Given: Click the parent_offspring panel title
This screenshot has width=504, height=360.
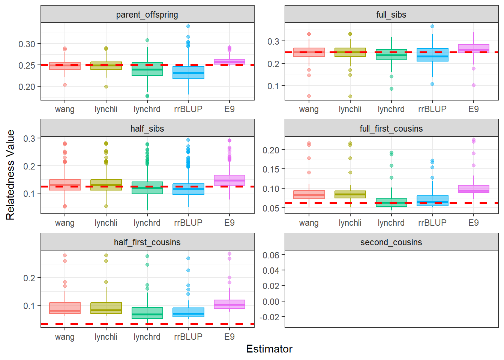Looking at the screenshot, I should (147, 15).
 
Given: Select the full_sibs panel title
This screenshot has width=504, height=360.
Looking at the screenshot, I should (391, 15).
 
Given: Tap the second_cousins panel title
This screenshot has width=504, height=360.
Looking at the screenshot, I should (391, 242).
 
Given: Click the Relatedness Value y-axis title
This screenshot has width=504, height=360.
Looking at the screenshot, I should (10, 175).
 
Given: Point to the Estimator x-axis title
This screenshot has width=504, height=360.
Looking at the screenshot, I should (269, 349).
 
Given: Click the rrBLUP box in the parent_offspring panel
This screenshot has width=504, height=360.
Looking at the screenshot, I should (188, 73).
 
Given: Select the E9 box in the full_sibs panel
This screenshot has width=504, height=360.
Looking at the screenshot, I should (473, 49).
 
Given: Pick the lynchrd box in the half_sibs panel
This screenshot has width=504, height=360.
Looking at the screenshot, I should (147, 188).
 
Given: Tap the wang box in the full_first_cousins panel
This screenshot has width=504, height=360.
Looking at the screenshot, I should (309, 195).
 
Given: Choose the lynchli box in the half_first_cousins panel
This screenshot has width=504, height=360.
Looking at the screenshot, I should (106, 308).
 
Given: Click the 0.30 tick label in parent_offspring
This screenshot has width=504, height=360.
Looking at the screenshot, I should (27, 44).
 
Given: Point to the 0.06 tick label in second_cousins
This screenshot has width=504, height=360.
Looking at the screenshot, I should (271, 255).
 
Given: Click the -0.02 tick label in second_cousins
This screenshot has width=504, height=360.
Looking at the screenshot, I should (270, 317).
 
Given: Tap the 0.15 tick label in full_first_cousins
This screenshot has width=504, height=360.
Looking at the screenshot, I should (271, 169).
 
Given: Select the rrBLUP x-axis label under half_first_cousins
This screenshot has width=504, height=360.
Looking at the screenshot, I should (188, 337).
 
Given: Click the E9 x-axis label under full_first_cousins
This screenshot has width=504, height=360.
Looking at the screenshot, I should (473, 223).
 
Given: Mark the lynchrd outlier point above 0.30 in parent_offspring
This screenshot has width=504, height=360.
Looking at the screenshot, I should (147, 40).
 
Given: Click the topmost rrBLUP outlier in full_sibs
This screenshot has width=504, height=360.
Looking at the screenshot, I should (432, 26).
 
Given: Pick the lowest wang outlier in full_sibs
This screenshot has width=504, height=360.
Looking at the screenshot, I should (309, 96).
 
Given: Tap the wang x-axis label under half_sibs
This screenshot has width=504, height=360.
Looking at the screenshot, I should (65, 223).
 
